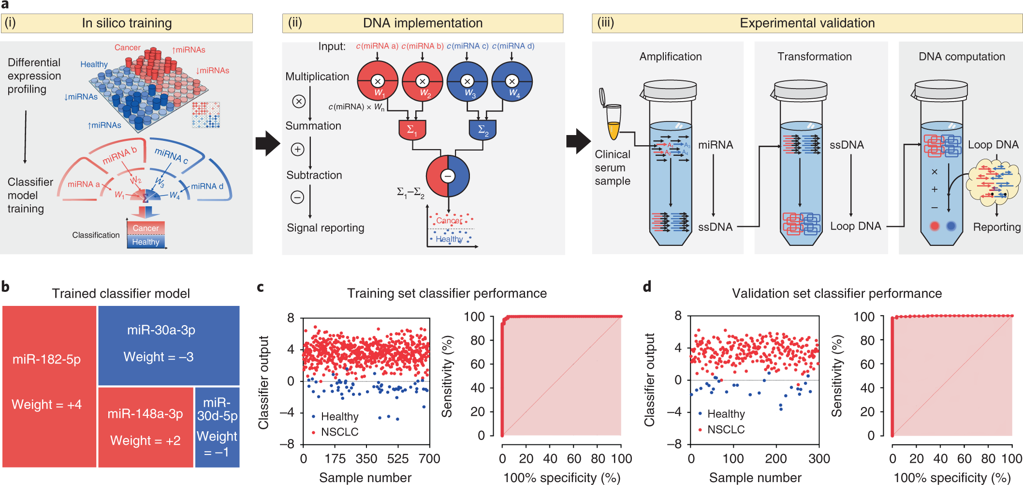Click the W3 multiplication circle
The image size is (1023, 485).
[x=467, y=81]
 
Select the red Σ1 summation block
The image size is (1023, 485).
[x=412, y=130]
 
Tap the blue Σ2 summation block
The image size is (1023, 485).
[x=482, y=130]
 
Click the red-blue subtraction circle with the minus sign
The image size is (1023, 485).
[x=448, y=176]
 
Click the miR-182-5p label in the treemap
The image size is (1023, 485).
[x=46, y=359]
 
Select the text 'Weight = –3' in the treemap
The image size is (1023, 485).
[x=159, y=357]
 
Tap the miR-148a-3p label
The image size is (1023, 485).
[x=145, y=414]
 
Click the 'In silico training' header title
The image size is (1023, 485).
[x=127, y=23]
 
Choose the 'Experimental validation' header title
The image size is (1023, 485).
[x=807, y=23]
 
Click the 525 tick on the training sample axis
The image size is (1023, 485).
[x=398, y=458]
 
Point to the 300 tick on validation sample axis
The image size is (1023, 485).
[x=819, y=458]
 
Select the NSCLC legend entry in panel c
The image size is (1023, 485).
[x=339, y=432]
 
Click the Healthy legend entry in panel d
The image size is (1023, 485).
[x=726, y=414]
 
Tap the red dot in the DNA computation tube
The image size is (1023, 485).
[x=935, y=226]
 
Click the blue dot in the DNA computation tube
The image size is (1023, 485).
[x=951, y=226]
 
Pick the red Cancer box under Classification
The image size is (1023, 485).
[x=146, y=228]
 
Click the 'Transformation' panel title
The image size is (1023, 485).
[x=814, y=57]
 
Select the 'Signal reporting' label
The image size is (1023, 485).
[x=325, y=228]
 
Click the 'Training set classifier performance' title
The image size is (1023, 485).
[x=447, y=293]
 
